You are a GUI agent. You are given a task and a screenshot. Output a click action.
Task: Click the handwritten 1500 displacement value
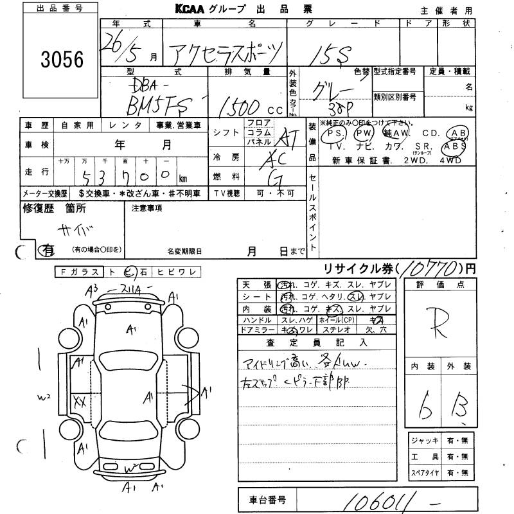pyautogui.click(x=238, y=105)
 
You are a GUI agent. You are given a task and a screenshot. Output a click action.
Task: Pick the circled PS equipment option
pyautogui.click(x=333, y=133)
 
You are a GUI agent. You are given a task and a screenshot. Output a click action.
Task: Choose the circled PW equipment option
pyautogui.click(x=364, y=133)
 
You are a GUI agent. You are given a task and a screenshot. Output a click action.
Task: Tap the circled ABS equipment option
pyautogui.click(x=456, y=146)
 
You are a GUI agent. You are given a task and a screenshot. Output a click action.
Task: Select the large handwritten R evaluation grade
pyautogui.click(x=441, y=319)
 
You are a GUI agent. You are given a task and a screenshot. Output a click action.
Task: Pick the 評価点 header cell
pyautogui.click(x=440, y=284)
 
